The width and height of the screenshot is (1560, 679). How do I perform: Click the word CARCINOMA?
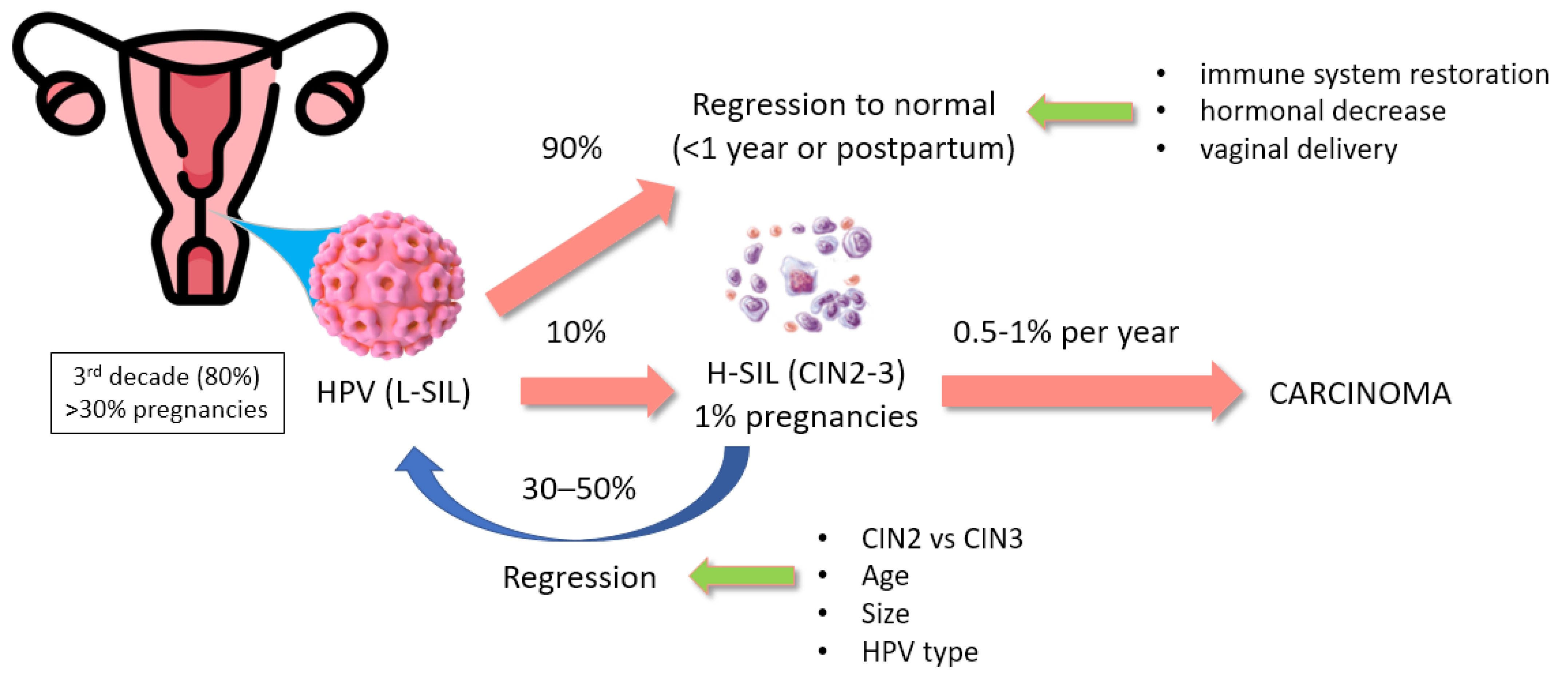[x=1359, y=393]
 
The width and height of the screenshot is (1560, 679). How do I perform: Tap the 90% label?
[x=572, y=148]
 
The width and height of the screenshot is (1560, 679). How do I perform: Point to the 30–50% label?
[x=579, y=488]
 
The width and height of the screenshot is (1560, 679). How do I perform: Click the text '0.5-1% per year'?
[x=1065, y=332]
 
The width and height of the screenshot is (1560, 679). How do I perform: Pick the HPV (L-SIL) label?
[x=393, y=392]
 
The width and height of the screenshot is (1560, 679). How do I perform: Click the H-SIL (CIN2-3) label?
[x=805, y=373]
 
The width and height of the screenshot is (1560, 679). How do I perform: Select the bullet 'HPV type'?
[x=919, y=652]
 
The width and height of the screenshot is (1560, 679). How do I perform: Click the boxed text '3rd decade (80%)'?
[x=167, y=376]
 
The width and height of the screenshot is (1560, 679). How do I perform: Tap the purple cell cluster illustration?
[x=799, y=275]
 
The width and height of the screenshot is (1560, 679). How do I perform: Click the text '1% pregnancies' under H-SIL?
[x=805, y=417]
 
